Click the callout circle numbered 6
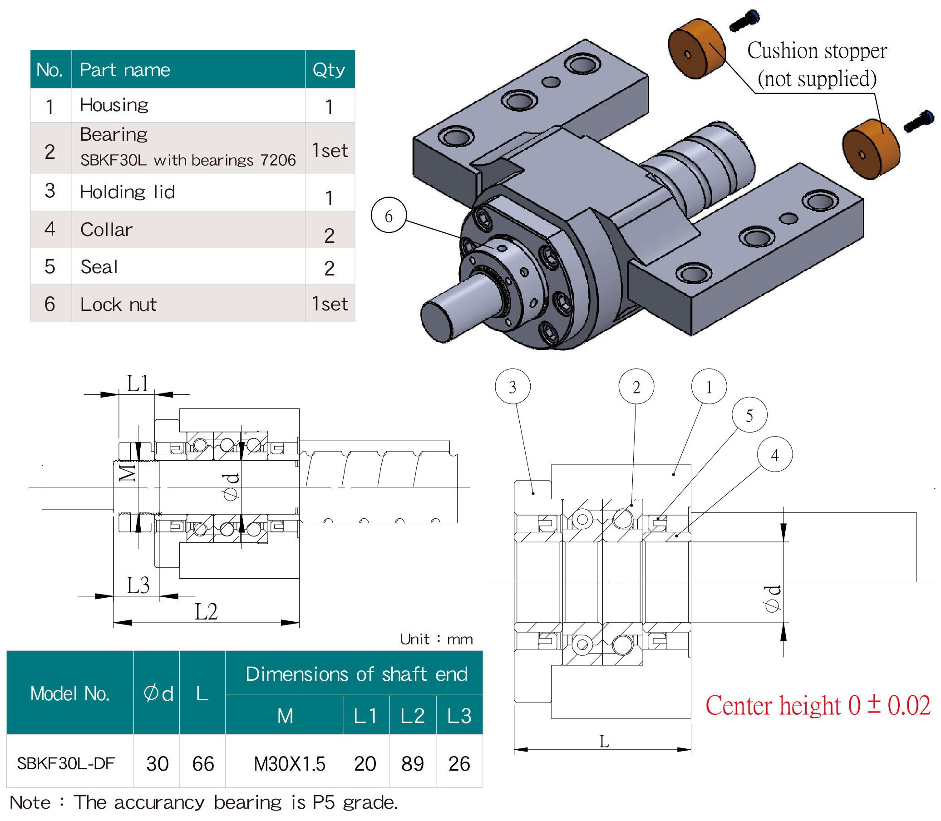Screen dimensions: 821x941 pyautogui.click(x=389, y=215)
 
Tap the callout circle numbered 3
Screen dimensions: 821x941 pyautogui.click(x=512, y=387)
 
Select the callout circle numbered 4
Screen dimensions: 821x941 pyautogui.click(x=775, y=454)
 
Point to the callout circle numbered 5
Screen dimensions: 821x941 pyautogui.click(x=749, y=415)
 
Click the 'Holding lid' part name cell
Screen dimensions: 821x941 pyautogui.click(x=128, y=192)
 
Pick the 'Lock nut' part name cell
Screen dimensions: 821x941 pyautogui.click(x=118, y=305)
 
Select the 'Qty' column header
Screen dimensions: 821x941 pyautogui.click(x=329, y=69)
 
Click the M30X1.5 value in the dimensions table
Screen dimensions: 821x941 pyautogui.click(x=289, y=764)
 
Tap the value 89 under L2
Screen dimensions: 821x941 pyautogui.click(x=412, y=764)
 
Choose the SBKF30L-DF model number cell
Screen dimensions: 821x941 pyautogui.click(x=65, y=763)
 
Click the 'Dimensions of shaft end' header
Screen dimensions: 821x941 pyautogui.click(x=356, y=674)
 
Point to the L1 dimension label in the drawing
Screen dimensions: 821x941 pyautogui.click(x=138, y=384)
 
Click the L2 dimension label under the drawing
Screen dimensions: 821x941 pyautogui.click(x=206, y=612)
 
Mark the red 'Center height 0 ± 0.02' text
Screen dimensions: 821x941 pyautogui.click(x=818, y=705)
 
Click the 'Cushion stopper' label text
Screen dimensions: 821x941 pyautogui.click(x=817, y=51)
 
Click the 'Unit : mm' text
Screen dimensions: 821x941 pyautogui.click(x=436, y=639)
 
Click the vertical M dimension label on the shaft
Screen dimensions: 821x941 pyautogui.click(x=128, y=472)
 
